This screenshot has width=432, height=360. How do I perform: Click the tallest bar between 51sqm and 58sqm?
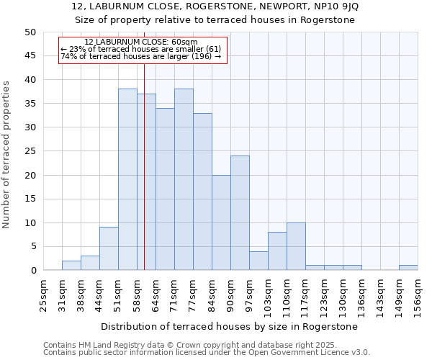click(127, 179)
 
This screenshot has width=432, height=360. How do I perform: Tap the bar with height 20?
click(221, 222)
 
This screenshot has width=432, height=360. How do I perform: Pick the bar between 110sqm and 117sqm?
click(296, 246)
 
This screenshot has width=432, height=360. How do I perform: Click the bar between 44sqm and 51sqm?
click(109, 248)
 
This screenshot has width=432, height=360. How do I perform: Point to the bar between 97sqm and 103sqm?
click(258, 261)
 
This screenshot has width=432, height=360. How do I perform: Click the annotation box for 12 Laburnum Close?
click(143, 50)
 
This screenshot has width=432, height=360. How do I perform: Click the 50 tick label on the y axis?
click(30, 32)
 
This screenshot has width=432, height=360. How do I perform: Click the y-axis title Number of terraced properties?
click(7, 154)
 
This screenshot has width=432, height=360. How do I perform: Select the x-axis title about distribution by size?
click(229, 326)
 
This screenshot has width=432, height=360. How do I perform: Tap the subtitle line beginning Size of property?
click(215, 19)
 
